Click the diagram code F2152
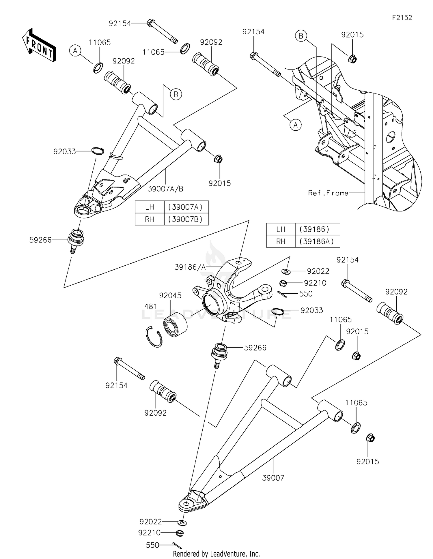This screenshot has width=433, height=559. (402, 18)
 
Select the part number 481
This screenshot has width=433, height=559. (151, 306)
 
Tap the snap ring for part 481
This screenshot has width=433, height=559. (154, 336)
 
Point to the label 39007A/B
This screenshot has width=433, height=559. (165, 189)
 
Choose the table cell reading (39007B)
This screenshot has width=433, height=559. (186, 219)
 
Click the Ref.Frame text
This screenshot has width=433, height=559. (328, 193)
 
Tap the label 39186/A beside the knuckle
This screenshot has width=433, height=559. (190, 267)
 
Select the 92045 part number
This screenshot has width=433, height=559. (170, 295)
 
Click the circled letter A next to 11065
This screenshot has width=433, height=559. (75, 51)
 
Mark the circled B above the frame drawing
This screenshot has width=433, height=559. (301, 36)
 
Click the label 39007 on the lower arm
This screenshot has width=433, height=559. (273, 478)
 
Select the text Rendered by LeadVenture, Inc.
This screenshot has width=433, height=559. (216, 554)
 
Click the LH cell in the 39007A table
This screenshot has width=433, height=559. (150, 207)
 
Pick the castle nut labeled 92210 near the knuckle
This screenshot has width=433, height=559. (283, 283)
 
